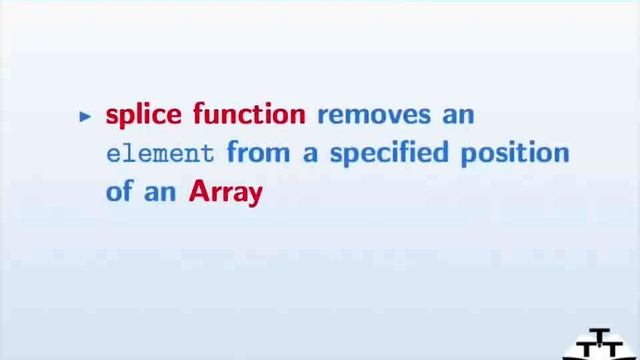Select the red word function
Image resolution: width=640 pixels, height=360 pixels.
(x=248, y=114)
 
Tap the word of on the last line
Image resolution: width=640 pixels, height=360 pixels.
(x=119, y=192)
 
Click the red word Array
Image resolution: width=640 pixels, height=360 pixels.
(x=225, y=193)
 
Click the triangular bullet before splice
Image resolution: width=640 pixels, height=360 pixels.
(x=84, y=116)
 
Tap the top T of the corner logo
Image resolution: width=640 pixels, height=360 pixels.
(x=600, y=334)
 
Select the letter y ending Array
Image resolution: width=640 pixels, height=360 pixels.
(x=255, y=195)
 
